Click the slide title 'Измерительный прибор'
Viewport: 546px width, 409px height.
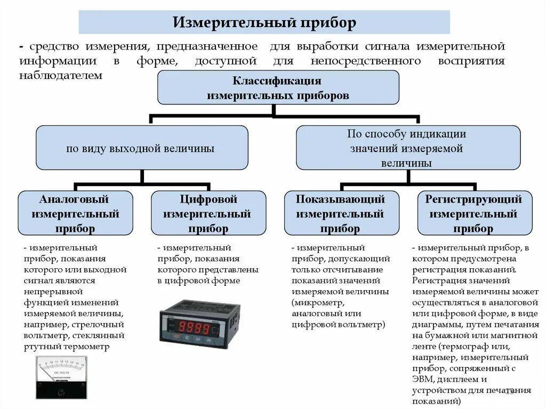coord(264,23)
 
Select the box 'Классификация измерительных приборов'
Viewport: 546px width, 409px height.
coord(278,88)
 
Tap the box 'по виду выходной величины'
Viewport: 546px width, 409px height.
coord(141,148)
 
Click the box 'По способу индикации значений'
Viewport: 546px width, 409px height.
coord(407,148)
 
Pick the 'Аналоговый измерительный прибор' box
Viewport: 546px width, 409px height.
coord(75,214)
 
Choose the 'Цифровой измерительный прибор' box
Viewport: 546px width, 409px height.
coord(208,214)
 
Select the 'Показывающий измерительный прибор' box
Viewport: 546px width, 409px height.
coord(341,214)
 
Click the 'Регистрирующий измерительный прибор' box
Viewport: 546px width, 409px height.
coord(474,214)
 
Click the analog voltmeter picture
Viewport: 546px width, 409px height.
coord(61,378)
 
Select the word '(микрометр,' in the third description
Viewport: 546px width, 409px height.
coord(317,302)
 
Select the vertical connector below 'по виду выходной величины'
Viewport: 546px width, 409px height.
coord(141,178)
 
